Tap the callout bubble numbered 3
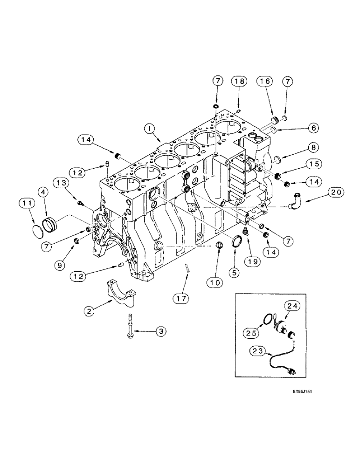160,331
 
